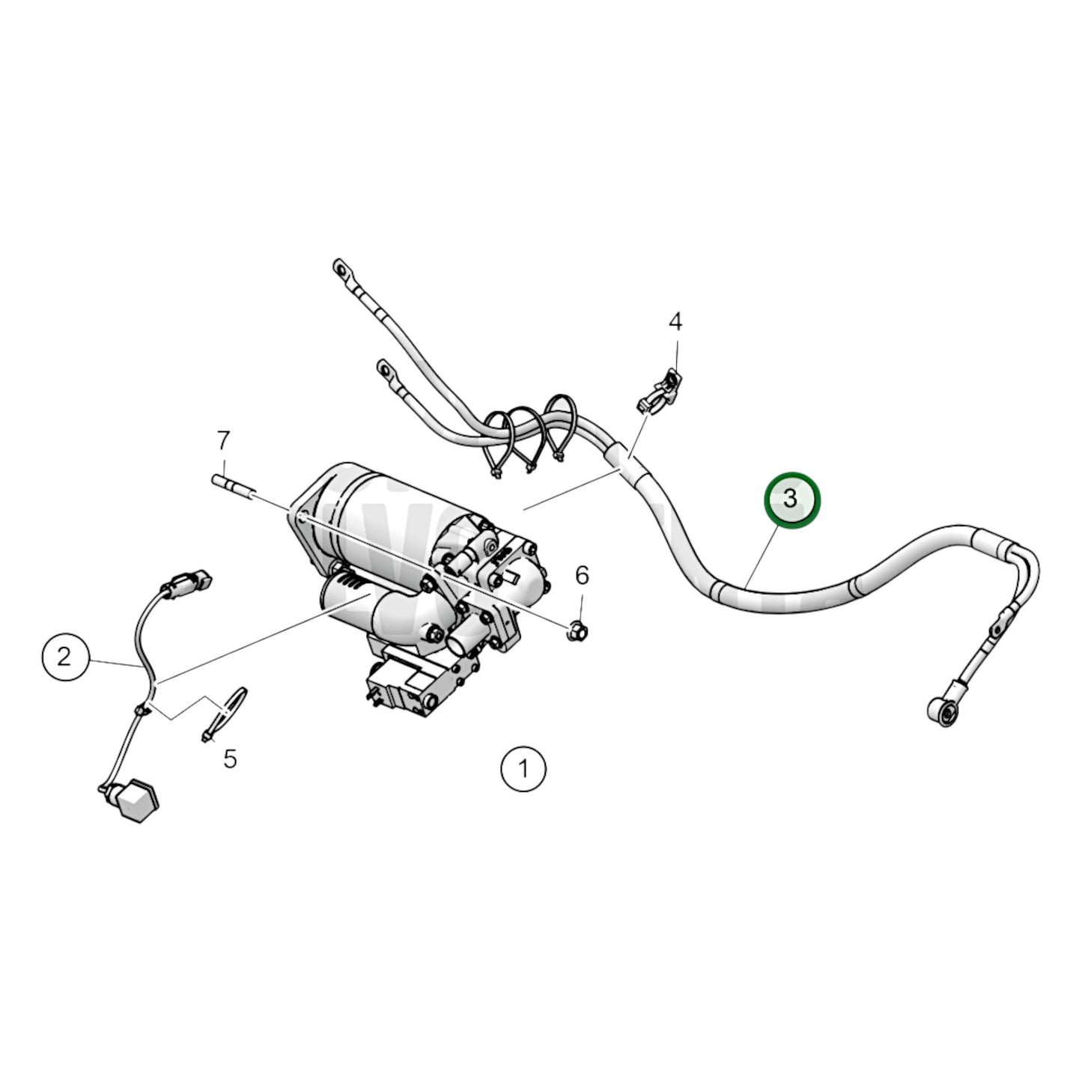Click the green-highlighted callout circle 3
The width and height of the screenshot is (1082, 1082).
point(791,499)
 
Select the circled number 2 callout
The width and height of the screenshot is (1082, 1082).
point(64,657)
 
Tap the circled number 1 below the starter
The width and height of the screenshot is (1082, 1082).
point(523,768)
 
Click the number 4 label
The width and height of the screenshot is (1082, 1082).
point(675,323)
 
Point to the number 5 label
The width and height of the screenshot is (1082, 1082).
point(230,759)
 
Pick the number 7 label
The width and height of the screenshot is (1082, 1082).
point(223,441)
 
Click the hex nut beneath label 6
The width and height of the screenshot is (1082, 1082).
point(577,629)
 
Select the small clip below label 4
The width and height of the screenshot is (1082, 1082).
point(658,392)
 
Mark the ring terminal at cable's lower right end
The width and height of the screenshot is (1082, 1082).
point(942,709)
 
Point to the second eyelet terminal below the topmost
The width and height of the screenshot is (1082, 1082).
point(386,369)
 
